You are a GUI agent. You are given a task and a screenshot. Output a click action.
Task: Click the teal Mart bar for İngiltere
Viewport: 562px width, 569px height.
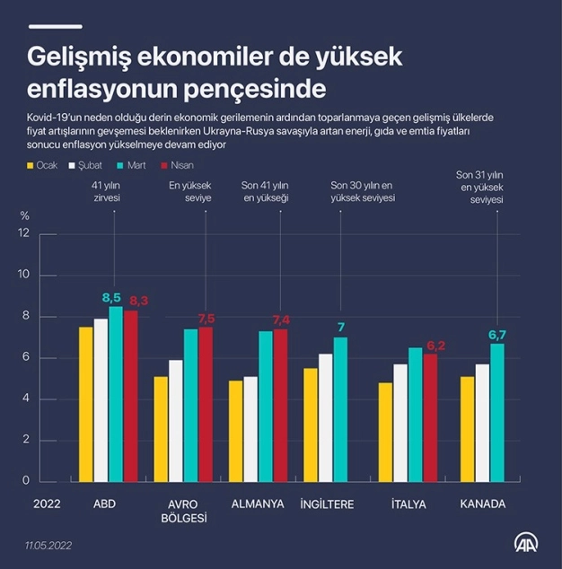pyautogui.click(x=339, y=408)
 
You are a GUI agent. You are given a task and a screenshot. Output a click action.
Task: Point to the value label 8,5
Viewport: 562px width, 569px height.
pyautogui.click(x=111, y=297)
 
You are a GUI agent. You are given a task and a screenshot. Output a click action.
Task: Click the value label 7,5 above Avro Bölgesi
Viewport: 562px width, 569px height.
pyautogui.click(x=206, y=319)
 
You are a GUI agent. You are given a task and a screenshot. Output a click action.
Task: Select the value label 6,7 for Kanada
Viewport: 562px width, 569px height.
pyautogui.click(x=496, y=335)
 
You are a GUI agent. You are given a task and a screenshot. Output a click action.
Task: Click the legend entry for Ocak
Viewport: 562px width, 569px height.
pyautogui.click(x=41, y=165)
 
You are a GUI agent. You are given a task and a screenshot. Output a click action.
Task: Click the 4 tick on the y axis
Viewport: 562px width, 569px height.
pyautogui.click(x=26, y=398)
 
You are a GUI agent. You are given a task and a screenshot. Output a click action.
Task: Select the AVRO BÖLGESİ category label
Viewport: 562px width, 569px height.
pyautogui.click(x=183, y=511)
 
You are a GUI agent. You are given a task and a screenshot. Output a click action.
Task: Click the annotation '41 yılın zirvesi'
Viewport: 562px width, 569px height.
pyautogui.click(x=105, y=191)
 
